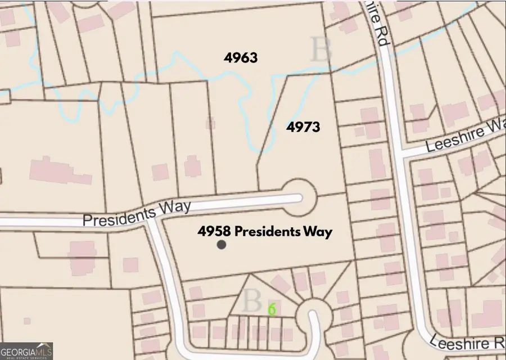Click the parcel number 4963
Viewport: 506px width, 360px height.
pyautogui.click(x=240, y=57)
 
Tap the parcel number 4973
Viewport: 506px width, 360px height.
pyautogui.click(x=303, y=127)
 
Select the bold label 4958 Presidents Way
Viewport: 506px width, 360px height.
pyautogui.click(x=265, y=231)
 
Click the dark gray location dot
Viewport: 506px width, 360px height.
pyautogui.click(x=222, y=245)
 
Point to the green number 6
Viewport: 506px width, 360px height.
pyautogui.click(x=272, y=309)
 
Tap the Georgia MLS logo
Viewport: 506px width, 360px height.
pyautogui.click(x=27, y=349)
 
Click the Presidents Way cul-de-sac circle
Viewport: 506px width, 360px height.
pyautogui.click(x=300, y=197)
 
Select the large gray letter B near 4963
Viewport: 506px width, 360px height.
pyautogui.click(x=321, y=50)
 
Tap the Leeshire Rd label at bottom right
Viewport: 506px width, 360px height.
pyautogui.click(x=470, y=341)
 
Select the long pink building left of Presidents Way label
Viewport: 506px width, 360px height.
pyautogui.click(x=60, y=171)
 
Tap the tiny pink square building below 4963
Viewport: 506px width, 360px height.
pyautogui.click(x=211, y=123)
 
